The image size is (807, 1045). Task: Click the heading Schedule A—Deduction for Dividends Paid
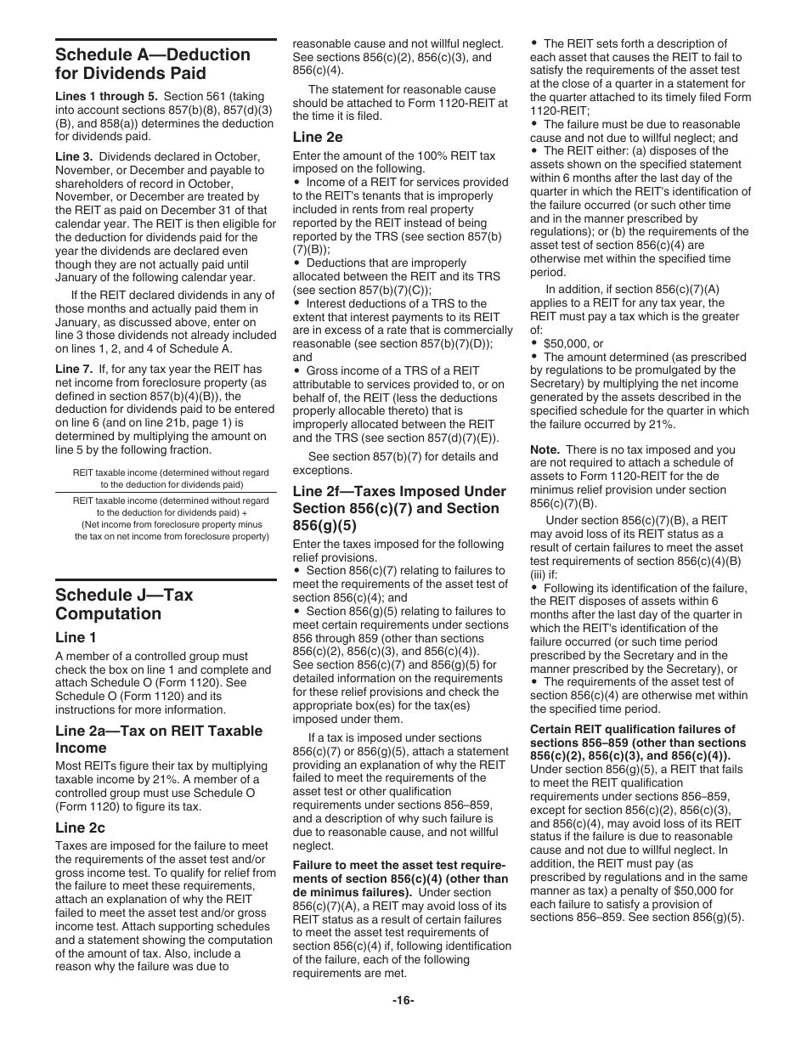tap(153, 65)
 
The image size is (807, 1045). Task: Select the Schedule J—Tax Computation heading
tap(124, 604)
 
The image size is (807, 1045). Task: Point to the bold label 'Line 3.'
tap(74, 157)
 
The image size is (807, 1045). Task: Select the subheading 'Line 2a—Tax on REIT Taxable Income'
tap(159, 739)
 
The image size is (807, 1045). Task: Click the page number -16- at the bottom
tap(403, 1000)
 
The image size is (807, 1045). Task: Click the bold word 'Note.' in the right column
tap(545, 449)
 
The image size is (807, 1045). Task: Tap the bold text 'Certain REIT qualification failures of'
tap(632, 729)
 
